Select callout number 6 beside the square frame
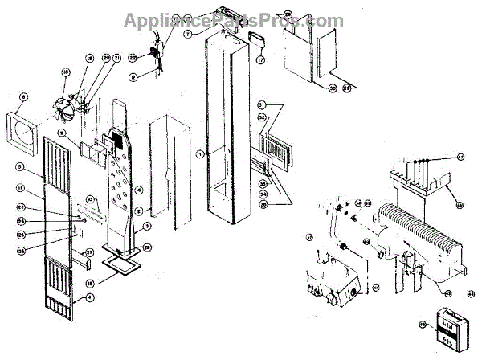[x=23, y=97]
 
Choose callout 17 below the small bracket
[x=260, y=59]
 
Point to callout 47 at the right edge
[x=461, y=155]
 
